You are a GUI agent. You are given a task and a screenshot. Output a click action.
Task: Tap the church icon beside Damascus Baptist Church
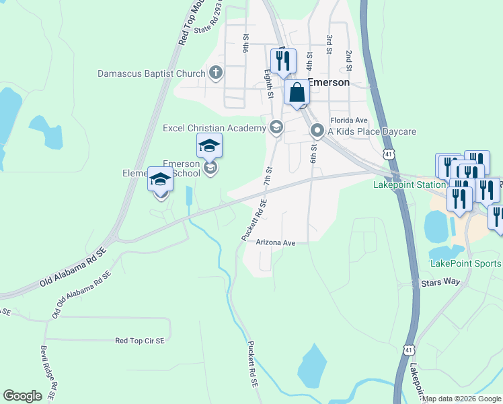(x=215, y=73)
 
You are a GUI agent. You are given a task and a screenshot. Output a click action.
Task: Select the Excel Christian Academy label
(x=215, y=128)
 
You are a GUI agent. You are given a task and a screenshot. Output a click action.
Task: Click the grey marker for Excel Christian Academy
(x=276, y=127)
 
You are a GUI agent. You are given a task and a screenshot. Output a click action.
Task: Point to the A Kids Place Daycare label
(x=373, y=131)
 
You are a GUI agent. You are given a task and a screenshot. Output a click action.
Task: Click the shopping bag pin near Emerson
(x=297, y=94)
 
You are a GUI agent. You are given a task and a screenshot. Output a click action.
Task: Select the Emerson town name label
(x=329, y=82)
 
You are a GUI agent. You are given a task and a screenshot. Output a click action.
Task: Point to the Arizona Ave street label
(x=276, y=242)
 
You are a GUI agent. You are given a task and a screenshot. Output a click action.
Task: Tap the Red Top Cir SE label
(x=140, y=341)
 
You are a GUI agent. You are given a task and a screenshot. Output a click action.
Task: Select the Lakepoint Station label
(x=410, y=184)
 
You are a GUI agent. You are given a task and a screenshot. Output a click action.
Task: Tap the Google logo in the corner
(x=23, y=396)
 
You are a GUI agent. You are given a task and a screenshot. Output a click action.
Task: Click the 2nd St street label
(x=350, y=61)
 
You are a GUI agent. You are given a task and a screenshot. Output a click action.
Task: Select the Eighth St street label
(x=269, y=83)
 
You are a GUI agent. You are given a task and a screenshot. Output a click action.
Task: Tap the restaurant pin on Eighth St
(x=283, y=60)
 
